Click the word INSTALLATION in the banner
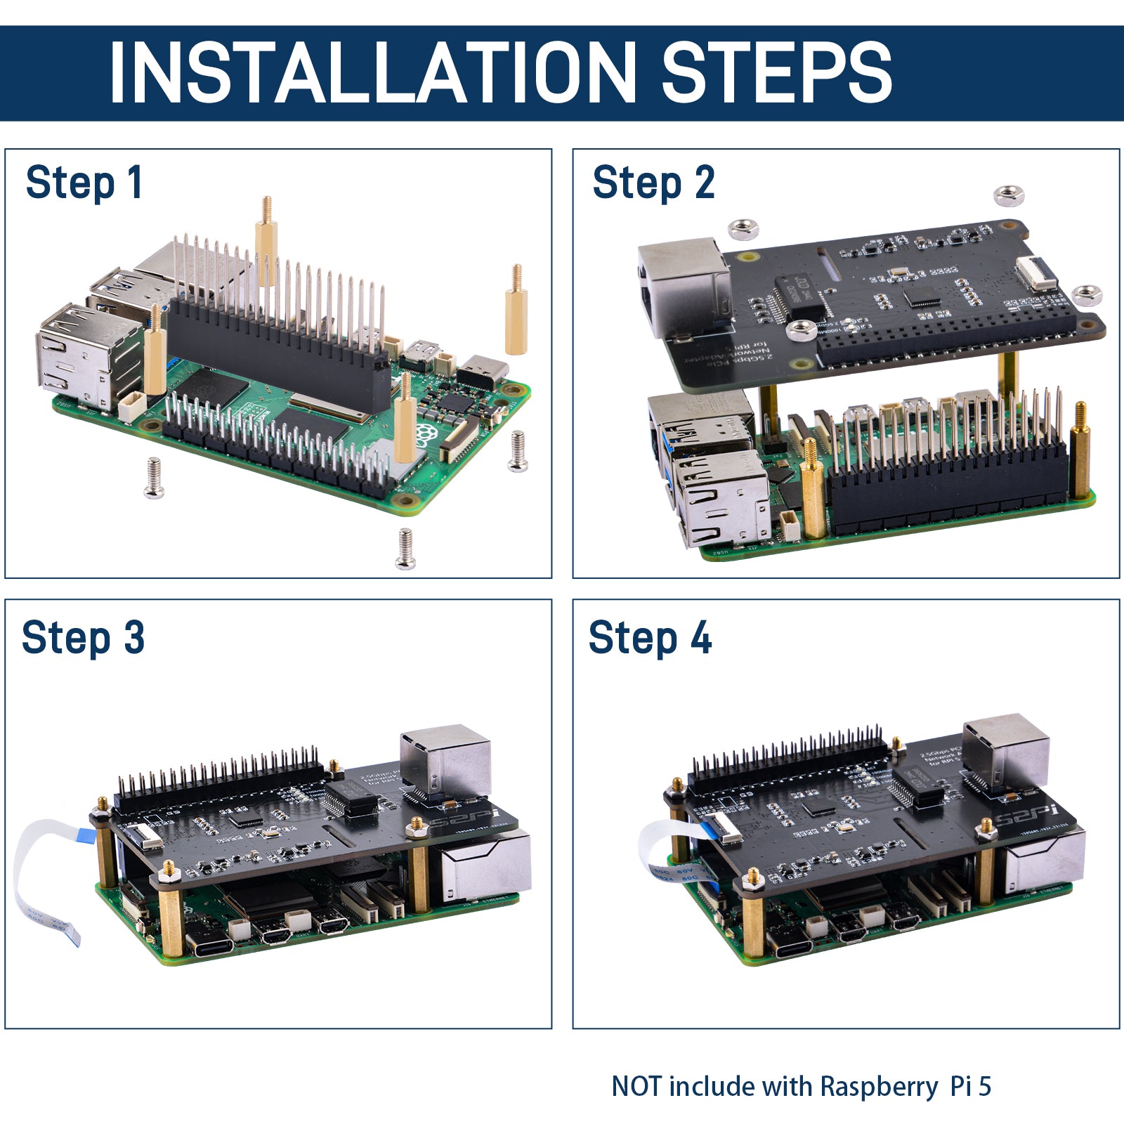click(x=372, y=72)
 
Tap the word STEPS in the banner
click(x=776, y=72)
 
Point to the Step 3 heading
click(x=83, y=638)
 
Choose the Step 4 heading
click(x=650, y=638)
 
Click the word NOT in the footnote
click(x=636, y=1086)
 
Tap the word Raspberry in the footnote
click(x=878, y=1087)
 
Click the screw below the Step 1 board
click(x=405, y=549)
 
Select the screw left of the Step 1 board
click(x=154, y=478)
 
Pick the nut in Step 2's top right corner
click(x=1009, y=195)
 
